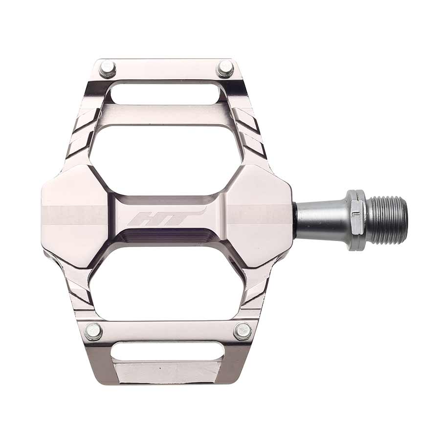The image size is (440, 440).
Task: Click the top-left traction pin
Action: pyautogui.click(x=107, y=68)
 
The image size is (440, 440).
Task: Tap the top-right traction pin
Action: pyautogui.click(x=225, y=68)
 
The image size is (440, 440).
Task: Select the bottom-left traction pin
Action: pyautogui.click(x=93, y=331)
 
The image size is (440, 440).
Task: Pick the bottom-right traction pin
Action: pyautogui.click(x=242, y=331)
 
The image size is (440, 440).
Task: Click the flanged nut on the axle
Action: pyautogui.click(x=357, y=220)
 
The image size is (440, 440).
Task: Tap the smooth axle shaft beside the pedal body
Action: pyautogui.click(x=320, y=220)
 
